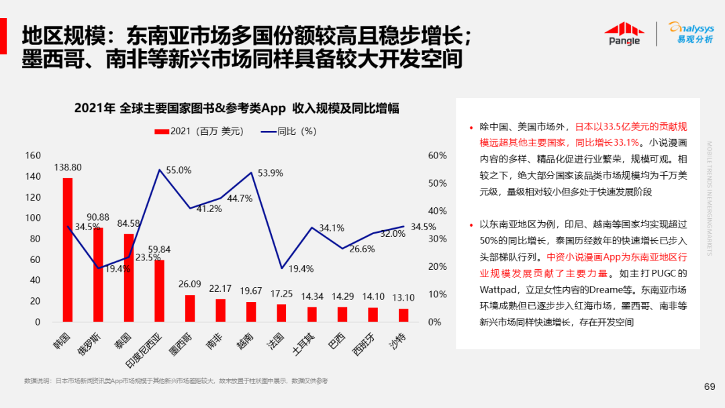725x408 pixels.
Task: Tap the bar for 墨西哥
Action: (x=190, y=308)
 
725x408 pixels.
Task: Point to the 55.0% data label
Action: (x=179, y=170)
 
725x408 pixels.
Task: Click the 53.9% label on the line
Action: (x=270, y=172)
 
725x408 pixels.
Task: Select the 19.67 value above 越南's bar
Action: (x=251, y=290)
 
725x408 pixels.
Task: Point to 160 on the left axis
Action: (x=33, y=156)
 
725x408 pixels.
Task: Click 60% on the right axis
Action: (x=437, y=156)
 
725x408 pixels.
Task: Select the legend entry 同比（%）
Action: (x=289, y=131)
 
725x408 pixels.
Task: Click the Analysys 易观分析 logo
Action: (x=691, y=33)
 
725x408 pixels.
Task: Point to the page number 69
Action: (x=709, y=386)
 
